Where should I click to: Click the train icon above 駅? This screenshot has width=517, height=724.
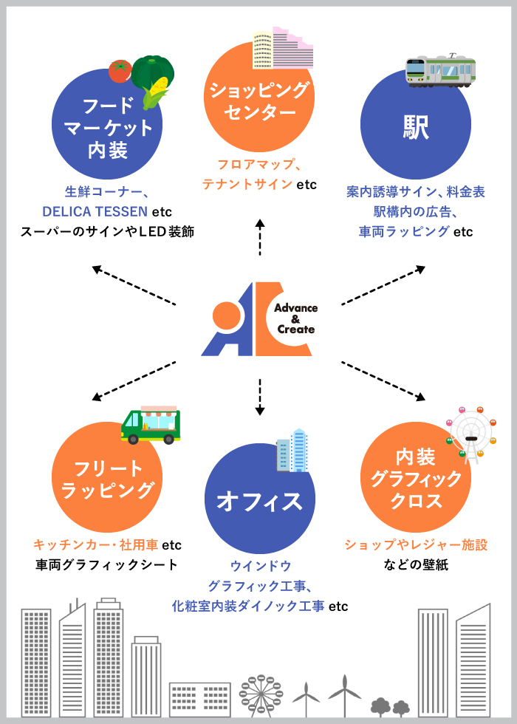point(440,71)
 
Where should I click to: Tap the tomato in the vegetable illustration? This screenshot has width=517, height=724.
point(120,71)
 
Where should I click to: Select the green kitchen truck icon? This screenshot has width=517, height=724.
point(151,425)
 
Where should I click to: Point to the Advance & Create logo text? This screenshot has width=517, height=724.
point(295,318)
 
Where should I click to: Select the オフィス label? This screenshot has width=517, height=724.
point(259,502)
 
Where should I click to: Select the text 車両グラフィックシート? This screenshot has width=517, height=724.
point(106,565)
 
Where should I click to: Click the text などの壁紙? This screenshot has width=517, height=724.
point(416,565)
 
